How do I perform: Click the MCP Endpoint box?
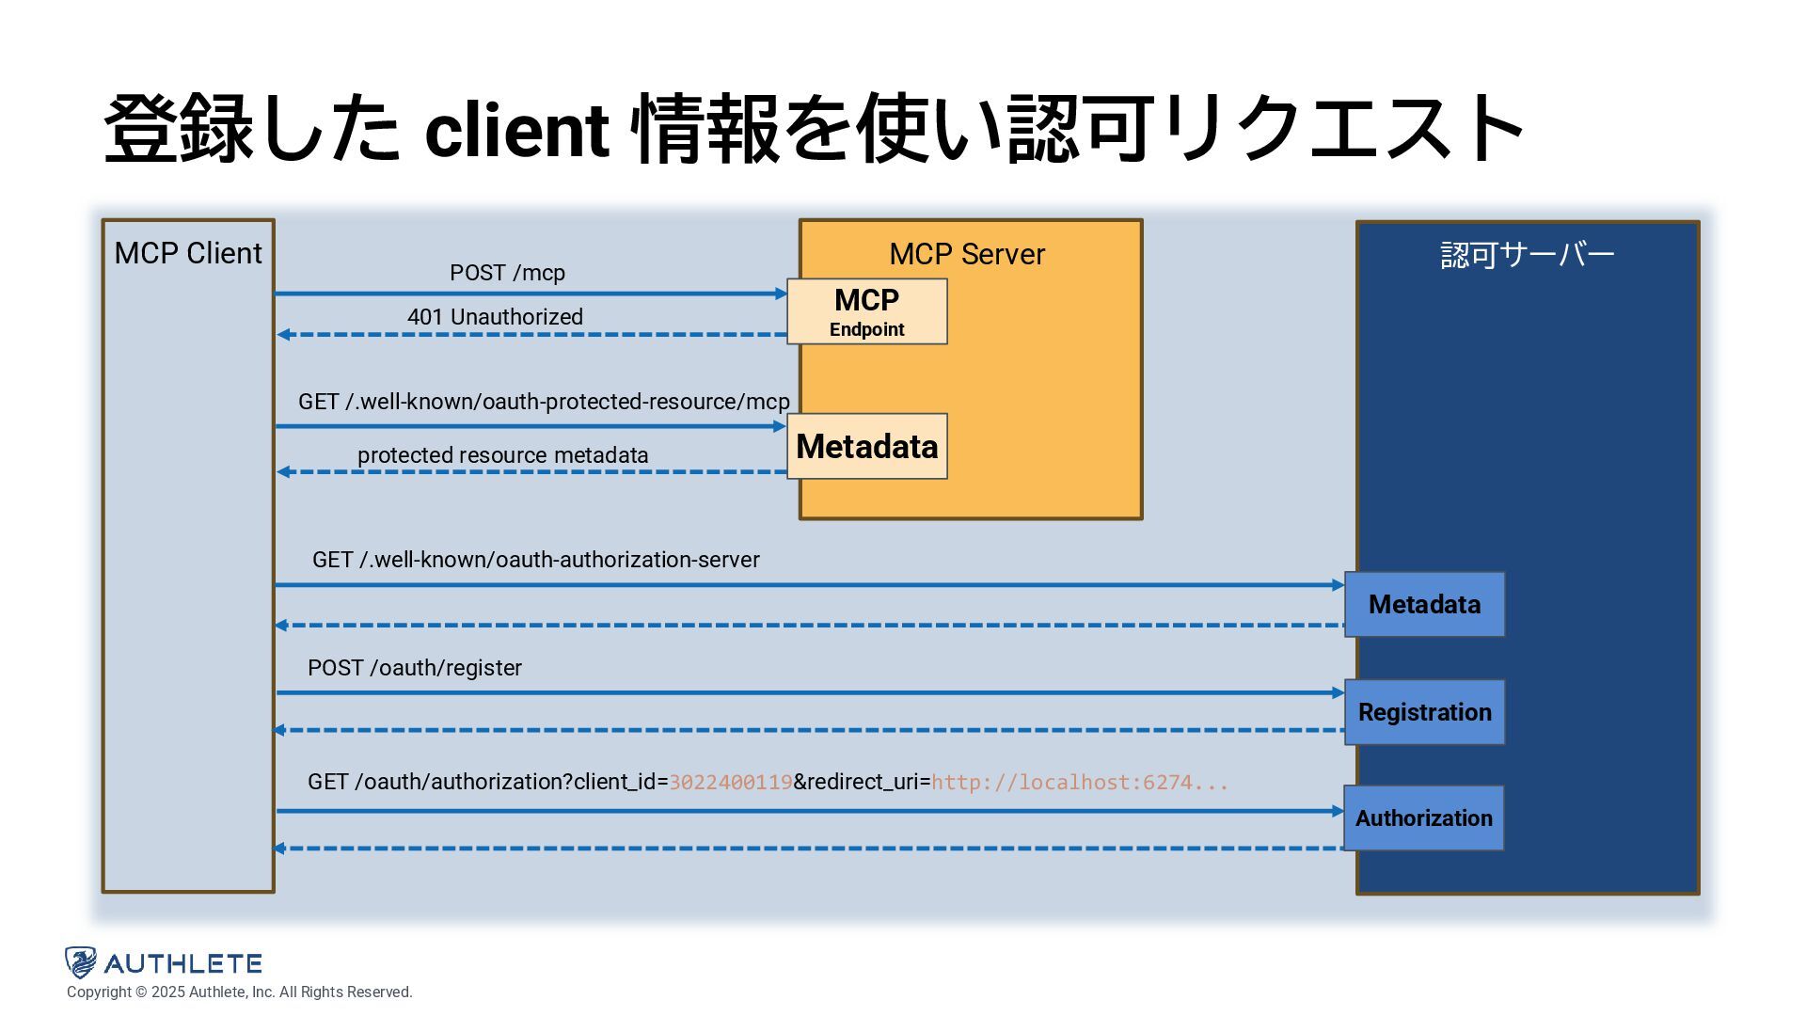coord(867,311)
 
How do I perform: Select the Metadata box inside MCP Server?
coord(867,446)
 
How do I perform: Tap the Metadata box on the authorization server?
coord(1424,604)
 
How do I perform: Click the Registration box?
coord(1424,712)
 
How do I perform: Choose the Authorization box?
coord(1423,818)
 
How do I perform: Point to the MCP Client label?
coord(188,253)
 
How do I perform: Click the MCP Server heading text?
coord(967,254)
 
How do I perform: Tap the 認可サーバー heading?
coord(1528,255)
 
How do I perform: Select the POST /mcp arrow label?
coord(507,273)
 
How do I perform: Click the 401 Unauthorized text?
coord(495,317)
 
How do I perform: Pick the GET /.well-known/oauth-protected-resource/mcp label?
coord(544,402)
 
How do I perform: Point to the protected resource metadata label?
coord(502,455)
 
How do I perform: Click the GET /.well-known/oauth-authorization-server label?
coord(536,560)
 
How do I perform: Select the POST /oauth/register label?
coord(415,668)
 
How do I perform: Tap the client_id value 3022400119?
coord(731,783)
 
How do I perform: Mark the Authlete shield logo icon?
coord(81,962)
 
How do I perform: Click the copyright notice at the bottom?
coord(240,992)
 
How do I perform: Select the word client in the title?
coord(517,130)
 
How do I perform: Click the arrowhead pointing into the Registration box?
coord(1339,693)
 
